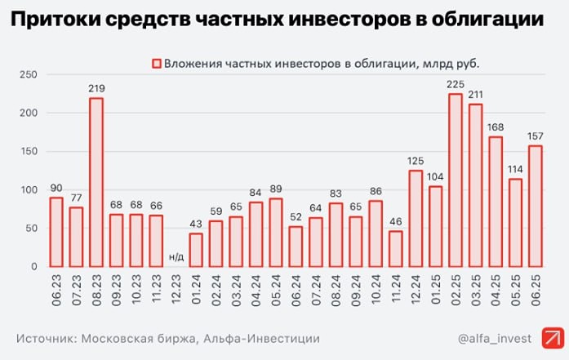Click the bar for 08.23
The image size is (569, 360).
pyautogui.click(x=96, y=183)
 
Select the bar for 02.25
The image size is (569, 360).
pyautogui.click(x=456, y=180)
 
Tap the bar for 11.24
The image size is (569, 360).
pyautogui.click(x=395, y=249)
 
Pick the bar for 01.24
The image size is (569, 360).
pyautogui.click(x=196, y=250)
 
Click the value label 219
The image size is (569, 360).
pyautogui.click(x=96, y=89)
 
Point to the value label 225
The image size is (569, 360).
pyautogui.click(x=456, y=84)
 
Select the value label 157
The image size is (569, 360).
pyautogui.click(x=536, y=136)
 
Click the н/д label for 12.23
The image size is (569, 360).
pyautogui.click(x=176, y=257)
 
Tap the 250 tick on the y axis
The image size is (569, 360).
pyautogui.click(x=29, y=75)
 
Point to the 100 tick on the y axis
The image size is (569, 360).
pyautogui.click(x=29, y=190)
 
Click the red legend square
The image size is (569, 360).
pyautogui.click(x=155, y=63)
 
